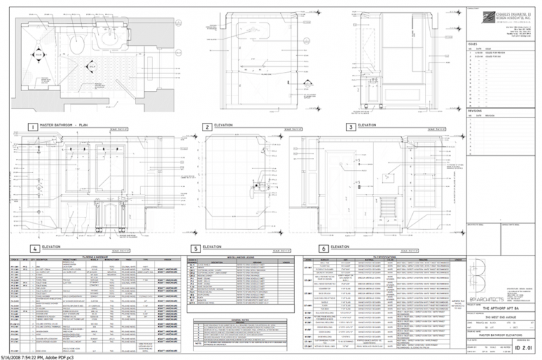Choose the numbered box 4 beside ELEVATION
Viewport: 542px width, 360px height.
click(x=34, y=248)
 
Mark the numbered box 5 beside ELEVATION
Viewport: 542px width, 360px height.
click(x=195, y=248)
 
